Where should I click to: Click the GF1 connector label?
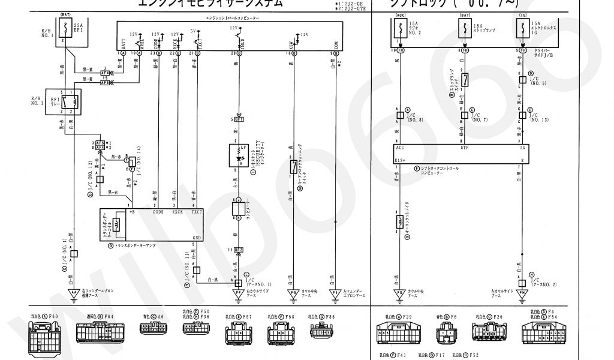pos(239,119)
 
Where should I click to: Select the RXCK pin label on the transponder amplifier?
pos(177,211)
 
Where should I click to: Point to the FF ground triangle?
pos(239,293)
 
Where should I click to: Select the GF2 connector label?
pos(239,249)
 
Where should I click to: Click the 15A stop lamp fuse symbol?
pos(462,27)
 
